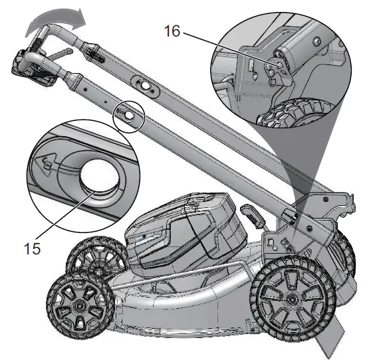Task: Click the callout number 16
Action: pos(172,31)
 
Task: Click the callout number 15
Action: pos(33,248)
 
